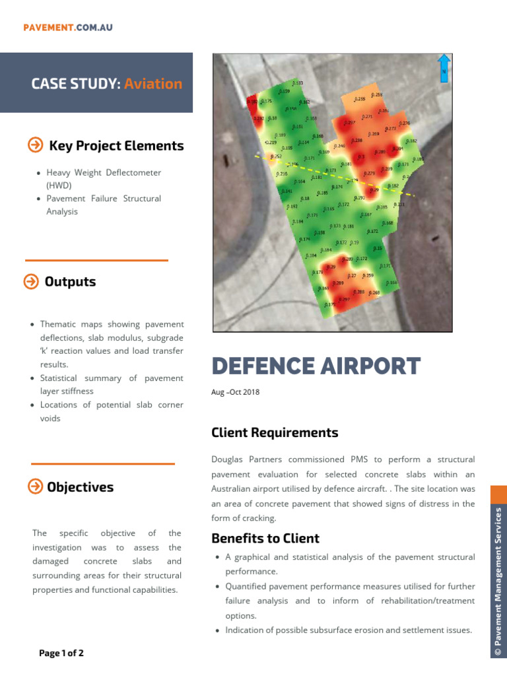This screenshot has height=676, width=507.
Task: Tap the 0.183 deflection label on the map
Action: point(298,83)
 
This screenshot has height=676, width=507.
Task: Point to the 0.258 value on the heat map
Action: point(376,95)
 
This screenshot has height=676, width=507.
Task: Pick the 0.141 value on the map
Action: point(287,191)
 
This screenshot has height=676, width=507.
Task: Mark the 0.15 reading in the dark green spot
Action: point(378,248)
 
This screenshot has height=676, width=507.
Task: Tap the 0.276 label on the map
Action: point(405,123)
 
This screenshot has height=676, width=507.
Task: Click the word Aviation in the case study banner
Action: point(153,84)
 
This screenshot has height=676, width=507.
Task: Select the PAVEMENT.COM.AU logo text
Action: point(68,27)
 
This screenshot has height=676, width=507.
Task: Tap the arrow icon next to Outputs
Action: point(30,282)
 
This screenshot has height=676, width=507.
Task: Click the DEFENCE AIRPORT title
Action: point(316,366)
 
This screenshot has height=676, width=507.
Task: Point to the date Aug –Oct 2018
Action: point(235,392)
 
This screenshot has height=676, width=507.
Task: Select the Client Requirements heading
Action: point(275,432)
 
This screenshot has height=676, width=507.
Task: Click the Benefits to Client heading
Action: point(265,538)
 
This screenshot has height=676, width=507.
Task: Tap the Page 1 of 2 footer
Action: point(61,654)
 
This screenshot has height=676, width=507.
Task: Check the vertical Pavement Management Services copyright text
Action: point(498,581)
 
